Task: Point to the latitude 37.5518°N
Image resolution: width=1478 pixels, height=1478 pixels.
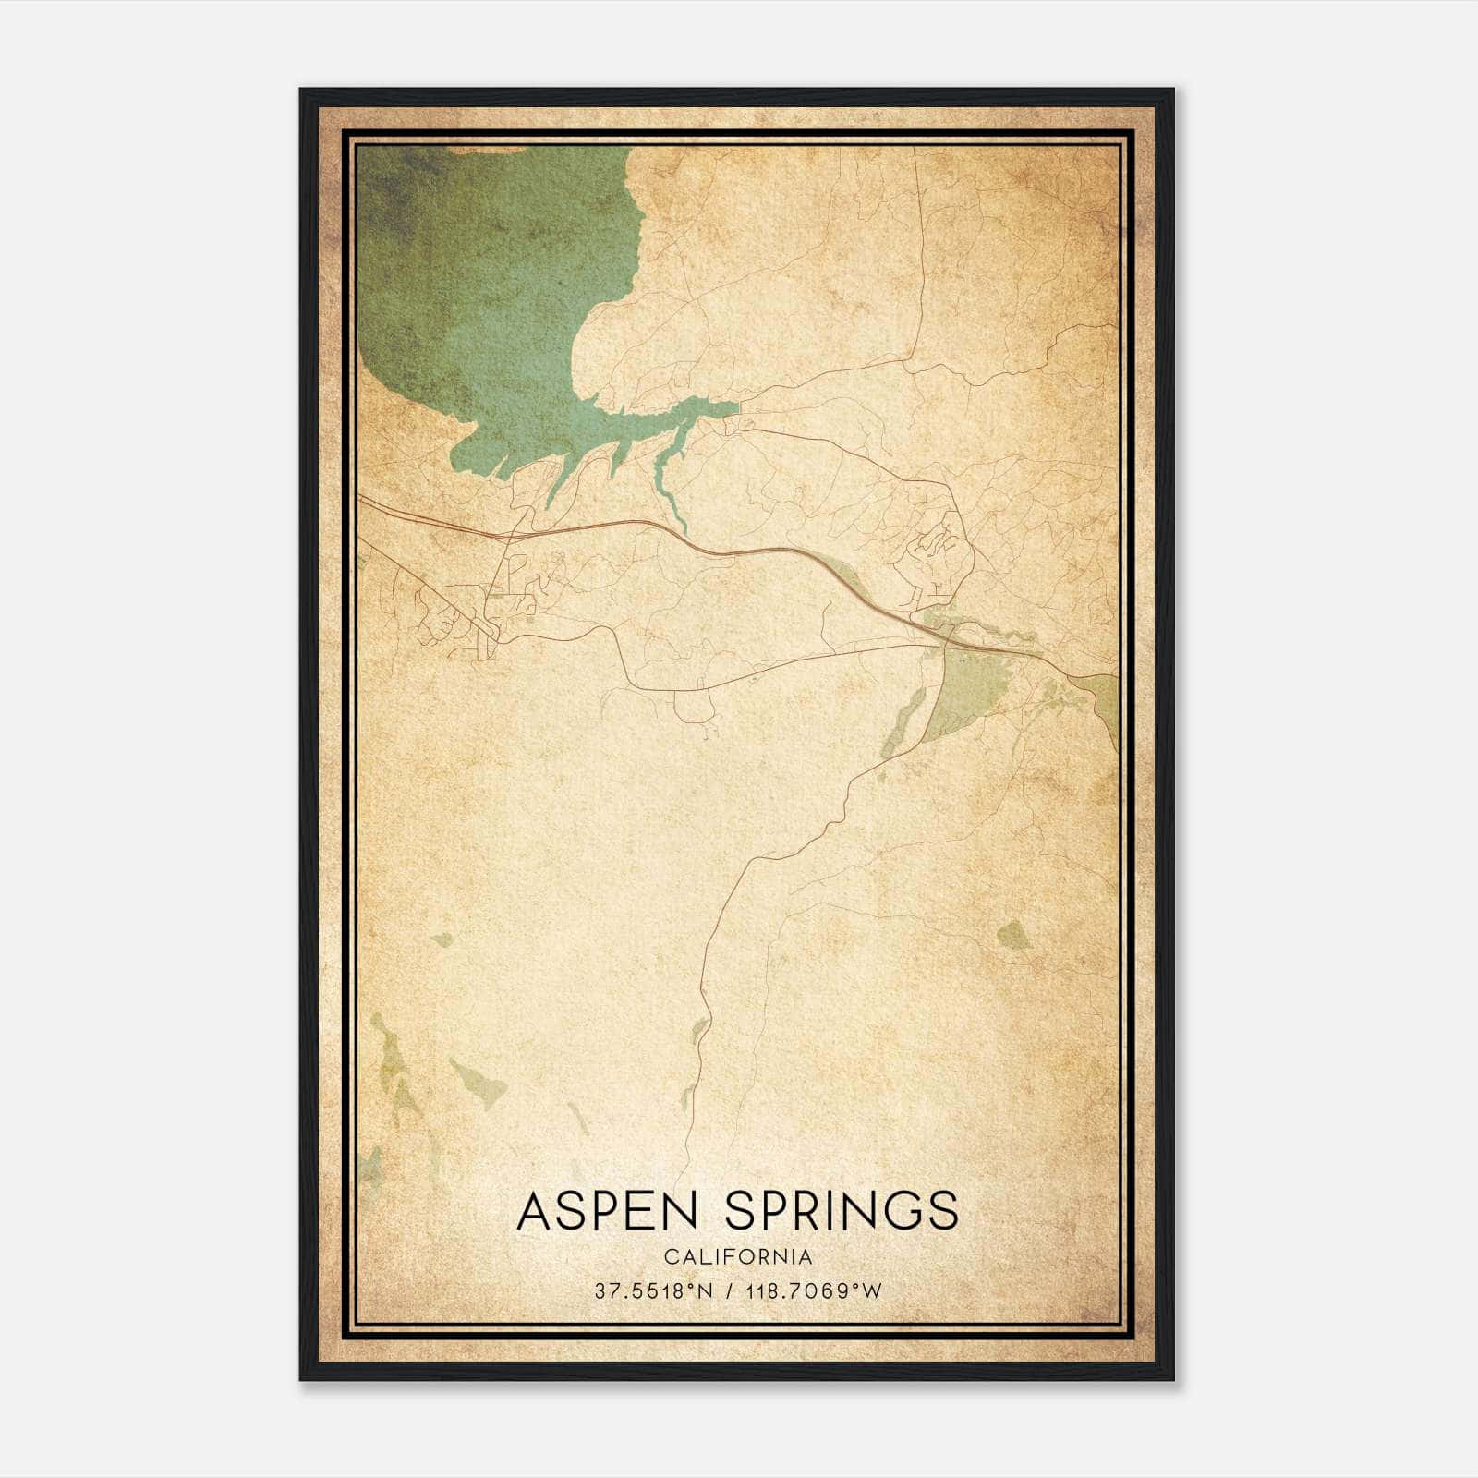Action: [655, 1290]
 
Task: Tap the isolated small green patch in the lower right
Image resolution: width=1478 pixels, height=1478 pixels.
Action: [1013, 937]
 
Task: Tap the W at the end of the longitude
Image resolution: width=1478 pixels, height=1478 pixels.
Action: [874, 1290]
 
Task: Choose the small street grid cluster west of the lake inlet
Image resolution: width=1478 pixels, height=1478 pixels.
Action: [462, 614]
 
